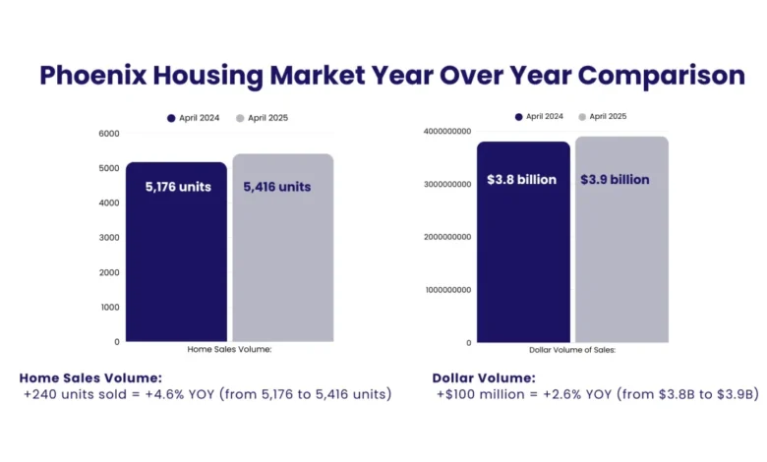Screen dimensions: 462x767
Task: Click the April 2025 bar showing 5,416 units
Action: coord(282,246)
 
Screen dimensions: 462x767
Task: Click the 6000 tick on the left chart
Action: coord(108,134)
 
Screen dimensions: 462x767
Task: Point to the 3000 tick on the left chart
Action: coord(108,238)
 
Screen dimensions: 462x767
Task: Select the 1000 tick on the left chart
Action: coord(108,307)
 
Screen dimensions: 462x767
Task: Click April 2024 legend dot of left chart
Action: coord(170,118)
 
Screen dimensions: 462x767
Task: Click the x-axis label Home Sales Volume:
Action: coord(228,349)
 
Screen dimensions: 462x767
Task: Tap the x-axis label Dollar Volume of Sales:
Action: coord(574,349)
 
